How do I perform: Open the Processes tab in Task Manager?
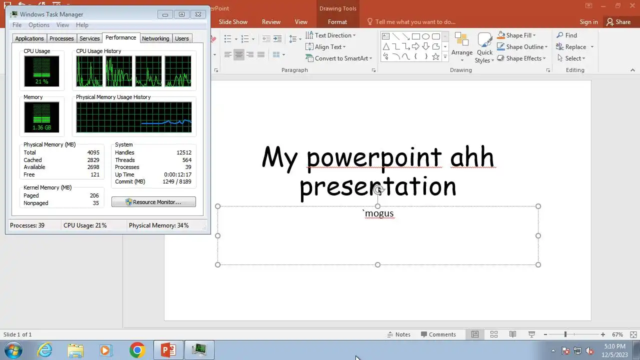point(61,38)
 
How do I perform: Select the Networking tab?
point(155,38)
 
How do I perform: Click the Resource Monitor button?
point(153,202)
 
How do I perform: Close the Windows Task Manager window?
point(198,14)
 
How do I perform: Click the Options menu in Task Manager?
point(39,25)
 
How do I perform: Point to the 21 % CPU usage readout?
point(41,81)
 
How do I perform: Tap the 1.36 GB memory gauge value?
point(41,127)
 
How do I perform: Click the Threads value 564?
point(187,160)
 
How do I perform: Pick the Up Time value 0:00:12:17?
point(177,174)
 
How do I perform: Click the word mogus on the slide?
point(379,213)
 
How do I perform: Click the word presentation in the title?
point(377,187)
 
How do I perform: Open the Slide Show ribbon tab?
point(233,22)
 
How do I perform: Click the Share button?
point(619,22)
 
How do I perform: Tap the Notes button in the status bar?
point(399,334)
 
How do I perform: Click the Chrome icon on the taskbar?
point(137,350)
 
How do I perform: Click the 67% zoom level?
point(617,334)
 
